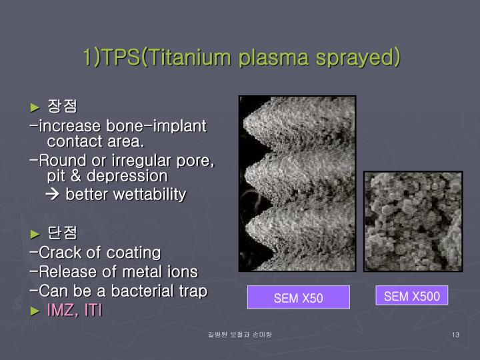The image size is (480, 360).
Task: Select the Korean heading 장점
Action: coord(63,106)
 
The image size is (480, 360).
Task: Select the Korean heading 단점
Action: coord(63,233)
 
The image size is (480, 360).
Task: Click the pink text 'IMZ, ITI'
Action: coord(74,311)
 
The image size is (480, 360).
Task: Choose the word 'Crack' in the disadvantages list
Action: coord(58,253)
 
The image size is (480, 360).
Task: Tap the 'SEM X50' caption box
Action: coord(298,297)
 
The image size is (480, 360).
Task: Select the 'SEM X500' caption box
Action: coord(411,296)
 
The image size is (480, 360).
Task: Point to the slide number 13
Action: coord(455,333)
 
